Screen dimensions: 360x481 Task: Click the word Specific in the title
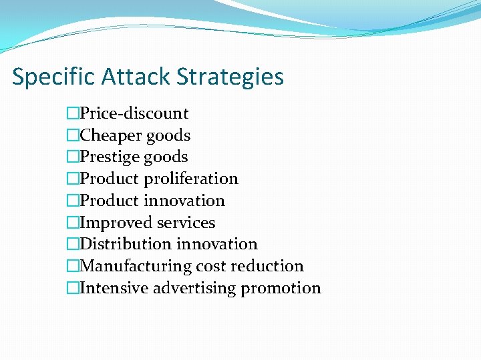point(54,77)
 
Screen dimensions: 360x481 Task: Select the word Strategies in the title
point(230,77)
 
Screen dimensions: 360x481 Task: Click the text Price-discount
point(134,113)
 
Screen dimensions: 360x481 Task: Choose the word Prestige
point(111,157)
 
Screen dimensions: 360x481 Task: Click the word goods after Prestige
point(167,157)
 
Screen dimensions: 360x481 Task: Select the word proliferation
point(191,179)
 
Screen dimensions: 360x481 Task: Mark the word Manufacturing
point(135,266)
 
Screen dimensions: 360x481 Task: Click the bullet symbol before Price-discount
point(73,113)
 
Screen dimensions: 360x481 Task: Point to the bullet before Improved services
point(73,223)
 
